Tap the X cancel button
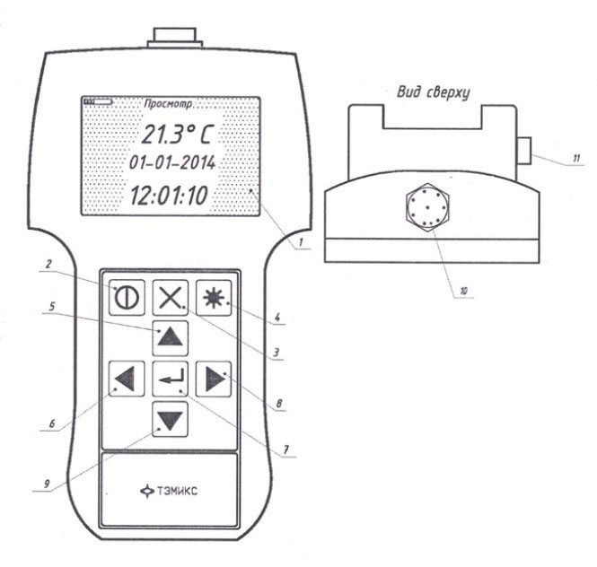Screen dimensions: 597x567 [x=171, y=298]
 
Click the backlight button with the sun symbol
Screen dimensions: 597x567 [x=214, y=298]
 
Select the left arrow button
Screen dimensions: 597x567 [x=127, y=379]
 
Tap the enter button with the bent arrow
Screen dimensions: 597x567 [x=171, y=379]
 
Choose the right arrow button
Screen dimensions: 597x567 [x=214, y=379]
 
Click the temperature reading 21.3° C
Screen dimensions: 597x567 [x=178, y=135]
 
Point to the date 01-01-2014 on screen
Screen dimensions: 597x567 [x=172, y=163]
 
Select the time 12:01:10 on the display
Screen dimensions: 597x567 [x=169, y=196]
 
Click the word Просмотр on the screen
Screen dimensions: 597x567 [x=168, y=104]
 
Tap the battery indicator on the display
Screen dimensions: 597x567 [x=98, y=101]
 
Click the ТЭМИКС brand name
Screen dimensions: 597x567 [x=177, y=491]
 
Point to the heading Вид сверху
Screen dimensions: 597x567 [x=434, y=92]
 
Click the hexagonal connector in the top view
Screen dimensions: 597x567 [x=427, y=207]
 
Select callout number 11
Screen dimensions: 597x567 [x=576, y=158]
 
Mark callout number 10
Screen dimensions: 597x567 [x=463, y=291]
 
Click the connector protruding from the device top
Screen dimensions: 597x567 [x=175, y=38]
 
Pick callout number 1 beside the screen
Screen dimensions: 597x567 [x=301, y=242]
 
